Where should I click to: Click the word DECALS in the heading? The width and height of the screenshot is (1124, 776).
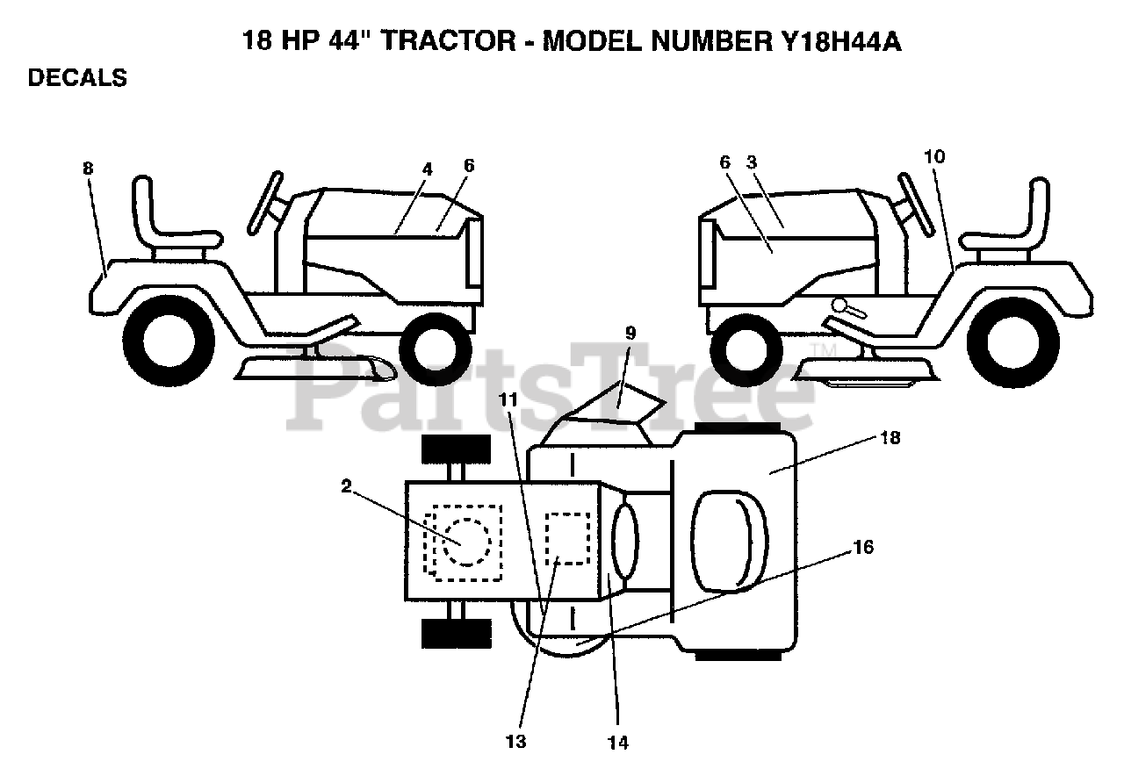pyautogui.click(x=77, y=78)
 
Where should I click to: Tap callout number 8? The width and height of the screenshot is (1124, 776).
pyautogui.click(x=88, y=169)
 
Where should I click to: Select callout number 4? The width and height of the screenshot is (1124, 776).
pyautogui.click(x=426, y=169)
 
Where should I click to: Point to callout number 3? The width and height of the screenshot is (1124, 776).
pyautogui.click(x=752, y=162)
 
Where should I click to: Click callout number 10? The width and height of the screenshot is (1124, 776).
pyautogui.click(x=934, y=157)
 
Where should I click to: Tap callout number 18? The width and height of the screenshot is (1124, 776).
pyautogui.click(x=890, y=438)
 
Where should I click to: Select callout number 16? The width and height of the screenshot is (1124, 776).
pyautogui.click(x=862, y=548)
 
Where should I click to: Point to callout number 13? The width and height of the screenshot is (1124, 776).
pyautogui.click(x=515, y=742)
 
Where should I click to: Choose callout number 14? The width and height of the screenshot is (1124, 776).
pyautogui.click(x=617, y=743)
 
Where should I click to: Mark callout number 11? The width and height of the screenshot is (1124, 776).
pyautogui.click(x=507, y=398)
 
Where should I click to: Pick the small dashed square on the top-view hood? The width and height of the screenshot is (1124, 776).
pyautogui.click(x=567, y=538)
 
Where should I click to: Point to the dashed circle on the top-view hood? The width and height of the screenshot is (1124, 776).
pyautogui.click(x=465, y=541)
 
